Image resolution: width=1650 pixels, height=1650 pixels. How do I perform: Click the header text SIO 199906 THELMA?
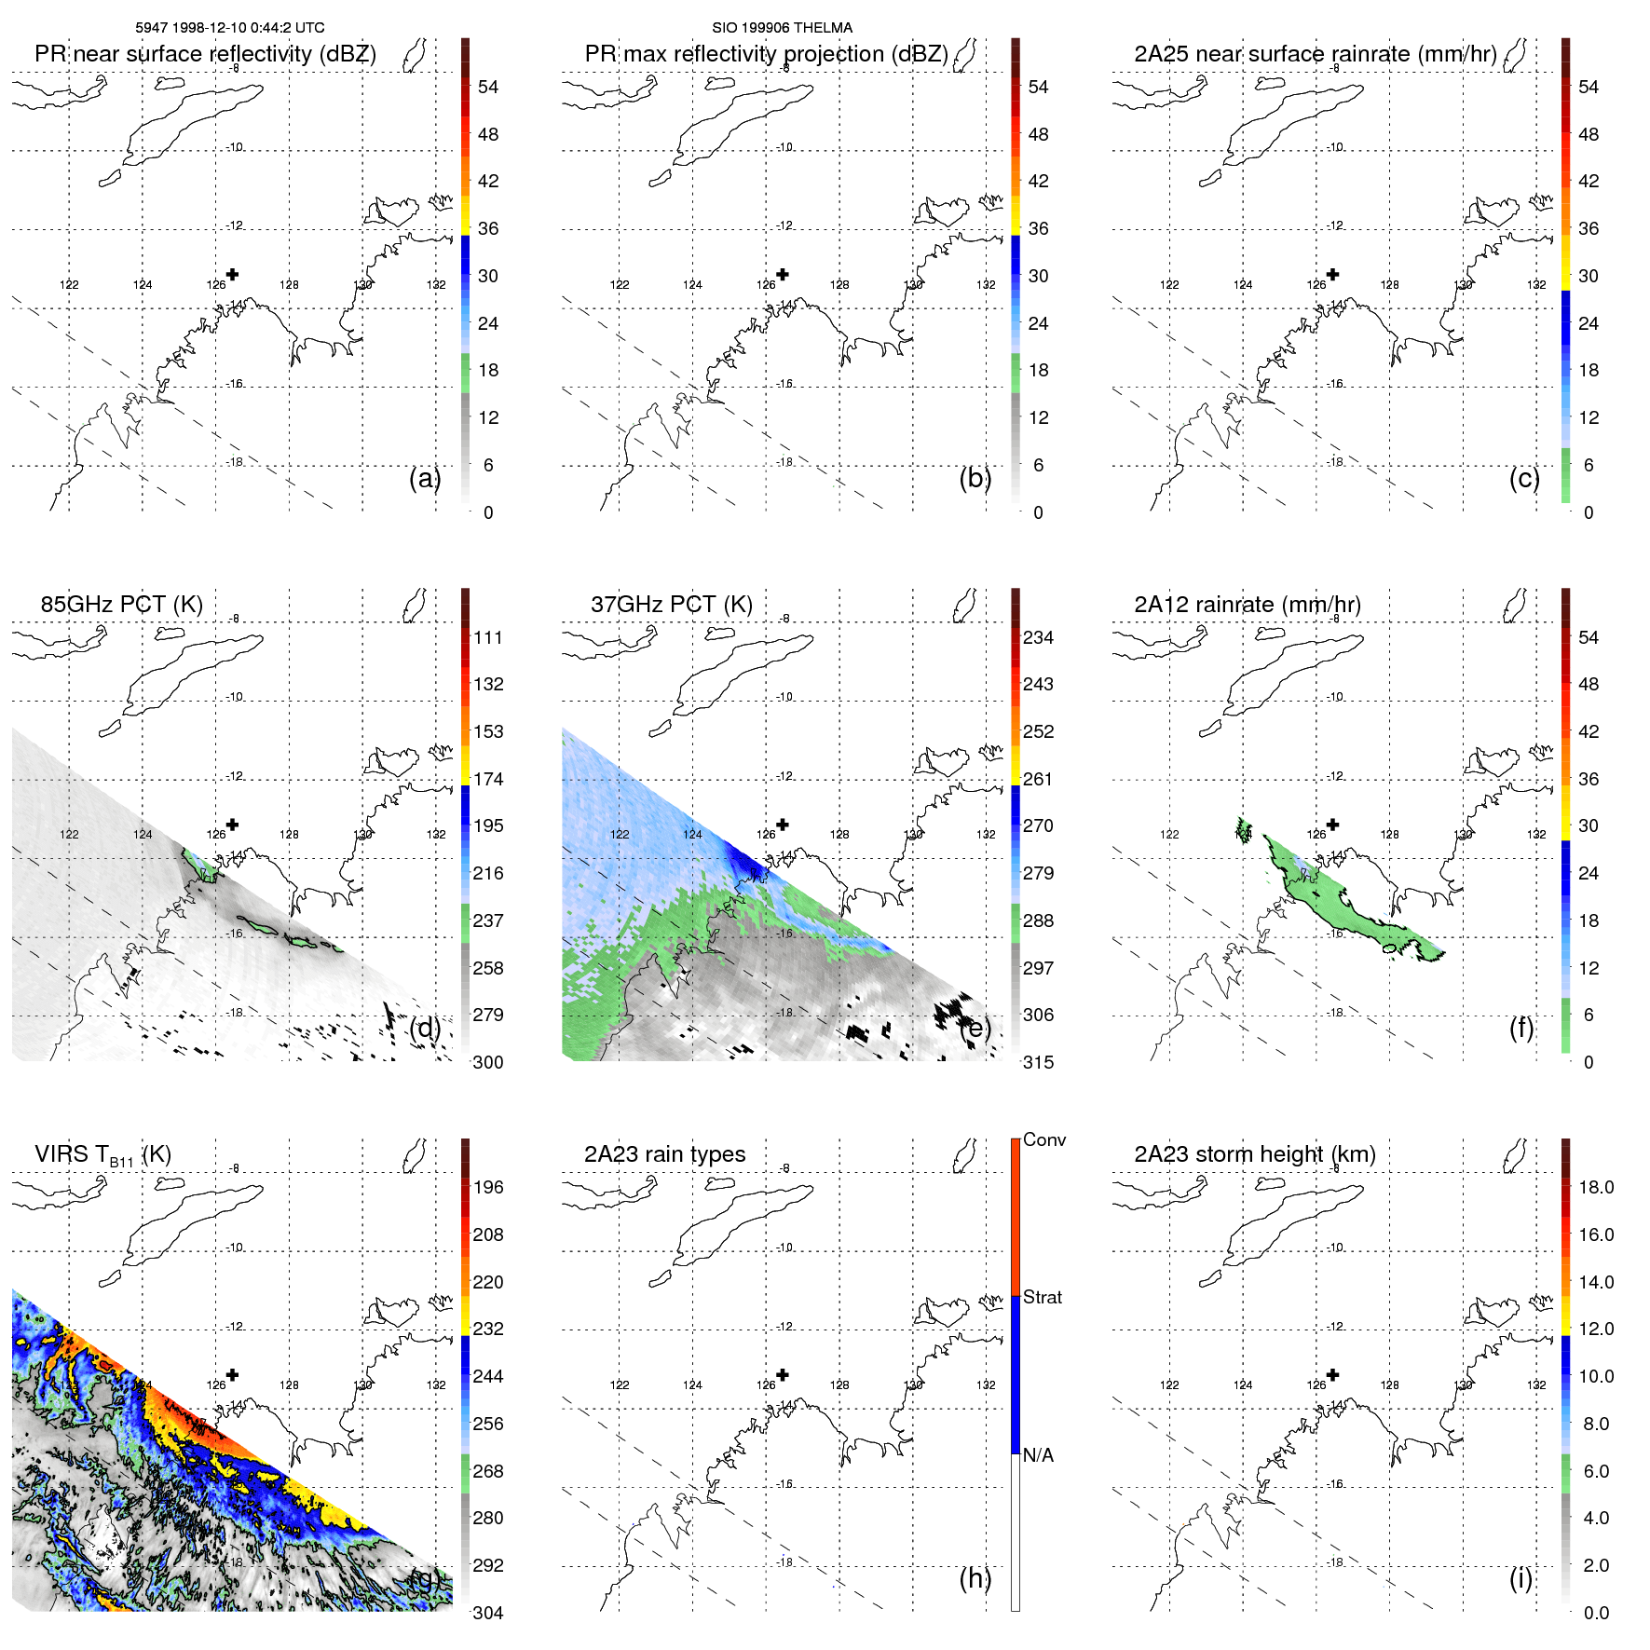click(782, 28)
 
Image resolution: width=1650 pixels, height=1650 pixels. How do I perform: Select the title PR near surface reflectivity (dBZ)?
click(205, 54)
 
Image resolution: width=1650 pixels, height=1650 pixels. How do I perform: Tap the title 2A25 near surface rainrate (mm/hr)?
click(1315, 54)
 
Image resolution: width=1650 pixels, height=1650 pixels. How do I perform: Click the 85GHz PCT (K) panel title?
click(121, 605)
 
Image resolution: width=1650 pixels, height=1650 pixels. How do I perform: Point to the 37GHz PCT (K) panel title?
click(671, 605)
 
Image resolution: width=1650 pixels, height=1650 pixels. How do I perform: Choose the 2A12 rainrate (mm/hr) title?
click(1247, 605)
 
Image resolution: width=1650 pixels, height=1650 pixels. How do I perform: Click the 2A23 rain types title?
click(664, 1154)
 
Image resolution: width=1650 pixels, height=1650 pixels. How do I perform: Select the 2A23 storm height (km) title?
click(1254, 1154)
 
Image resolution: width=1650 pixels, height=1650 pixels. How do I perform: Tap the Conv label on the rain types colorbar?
click(1043, 1139)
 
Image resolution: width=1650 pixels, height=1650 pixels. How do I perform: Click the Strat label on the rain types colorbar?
click(1042, 1297)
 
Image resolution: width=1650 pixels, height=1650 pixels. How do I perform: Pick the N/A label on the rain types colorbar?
click(1038, 1455)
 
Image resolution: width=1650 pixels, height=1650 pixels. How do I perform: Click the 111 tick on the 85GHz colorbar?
click(488, 637)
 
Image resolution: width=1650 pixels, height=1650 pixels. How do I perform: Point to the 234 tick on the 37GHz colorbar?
click(1038, 637)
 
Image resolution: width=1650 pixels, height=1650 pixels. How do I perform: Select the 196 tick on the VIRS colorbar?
click(488, 1187)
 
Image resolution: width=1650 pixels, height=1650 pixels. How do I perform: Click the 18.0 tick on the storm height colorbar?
click(1595, 1187)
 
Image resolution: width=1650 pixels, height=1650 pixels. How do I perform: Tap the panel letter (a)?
click(425, 478)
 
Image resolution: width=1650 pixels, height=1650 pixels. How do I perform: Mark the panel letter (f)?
click(1520, 1028)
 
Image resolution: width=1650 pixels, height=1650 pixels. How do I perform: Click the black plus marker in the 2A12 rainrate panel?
click(1332, 825)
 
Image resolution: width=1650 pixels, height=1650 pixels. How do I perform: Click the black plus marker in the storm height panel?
click(1332, 1374)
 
